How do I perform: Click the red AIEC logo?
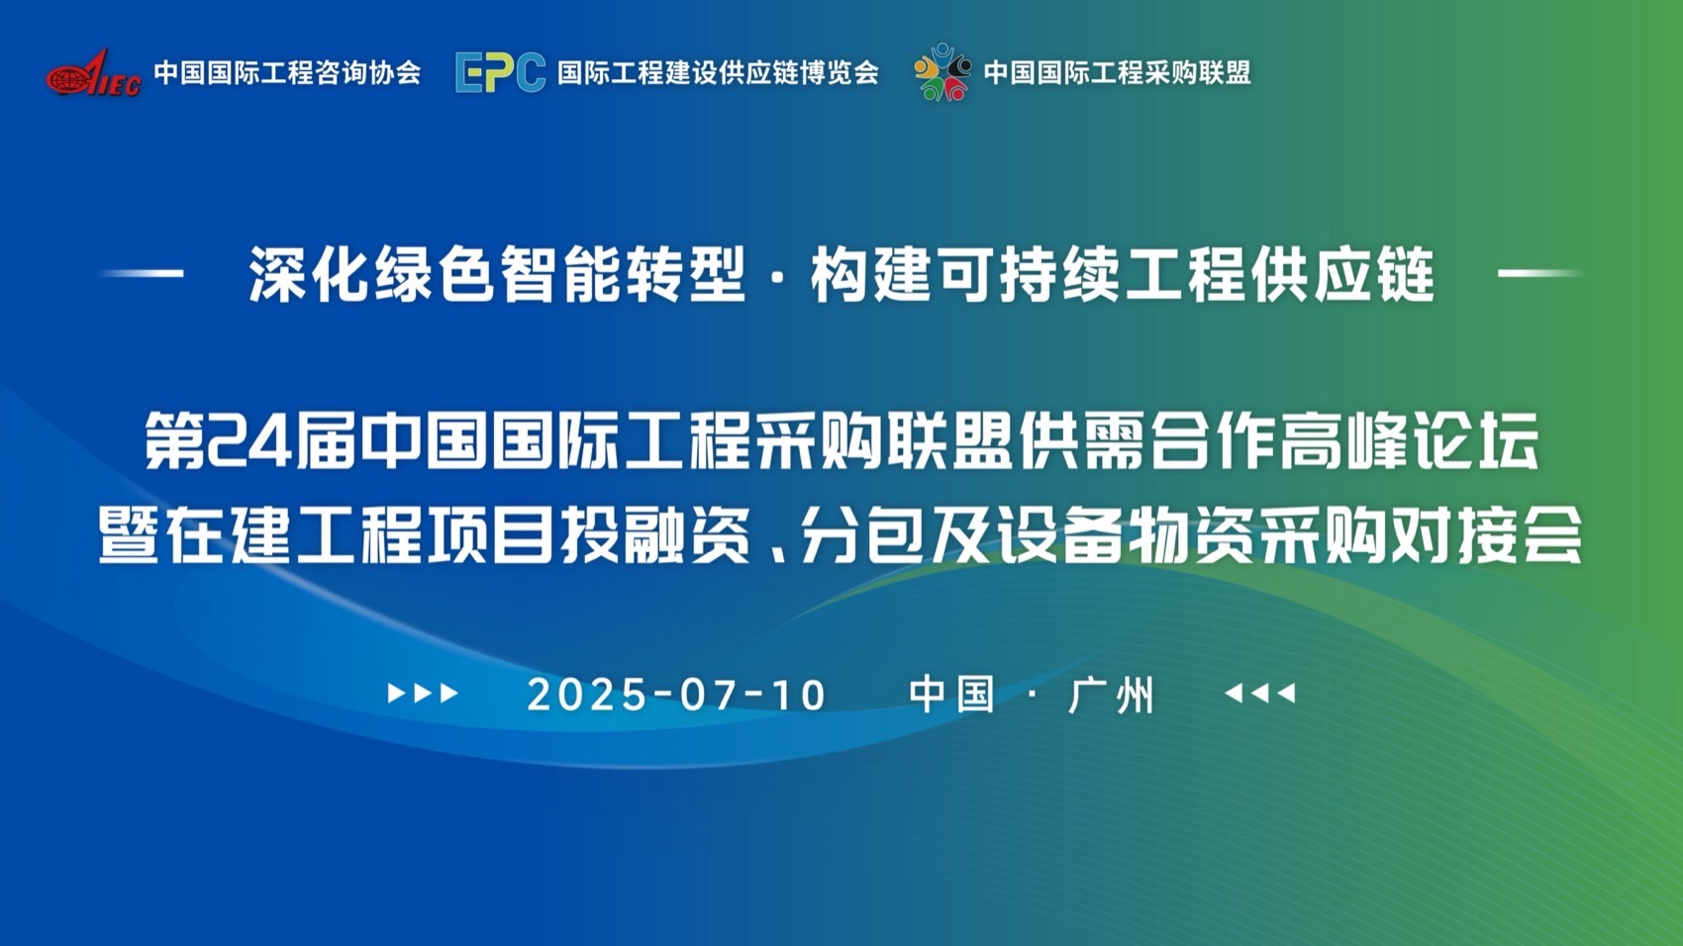coord(93,73)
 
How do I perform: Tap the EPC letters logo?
coord(500,72)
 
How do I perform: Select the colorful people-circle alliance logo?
coord(941,72)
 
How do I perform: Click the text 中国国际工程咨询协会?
coord(287,73)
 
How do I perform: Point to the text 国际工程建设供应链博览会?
coord(718,73)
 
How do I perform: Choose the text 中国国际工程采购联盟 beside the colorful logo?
coord(1117,73)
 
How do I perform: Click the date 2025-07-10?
coord(676,695)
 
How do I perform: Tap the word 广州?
coord(1112,695)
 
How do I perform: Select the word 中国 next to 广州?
coord(951,695)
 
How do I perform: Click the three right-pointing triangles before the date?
coord(423,694)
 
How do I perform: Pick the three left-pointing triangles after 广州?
coord(1259,694)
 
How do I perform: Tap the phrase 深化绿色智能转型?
coord(496,274)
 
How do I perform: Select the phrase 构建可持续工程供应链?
coord(1122,274)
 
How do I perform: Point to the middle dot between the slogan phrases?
coord(777,276)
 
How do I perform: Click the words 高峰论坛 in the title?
coord(1410,441)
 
